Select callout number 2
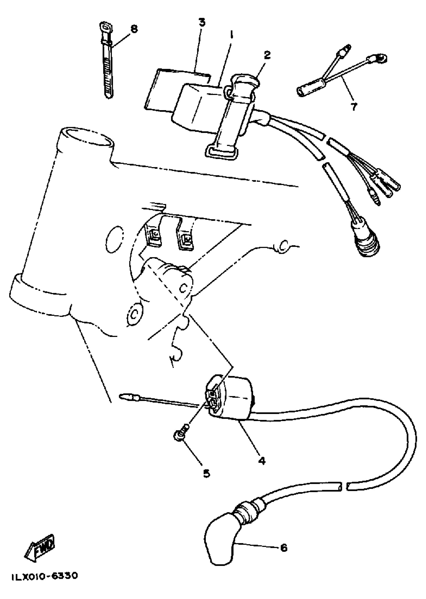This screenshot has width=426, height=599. coord(267,55)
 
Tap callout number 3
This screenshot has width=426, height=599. coord(202,23)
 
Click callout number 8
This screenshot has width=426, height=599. coord(134,29)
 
